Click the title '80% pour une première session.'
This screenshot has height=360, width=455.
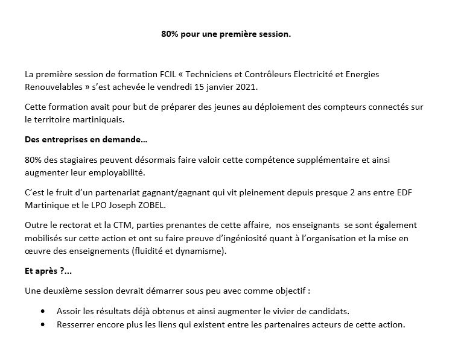pos(226,34)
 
